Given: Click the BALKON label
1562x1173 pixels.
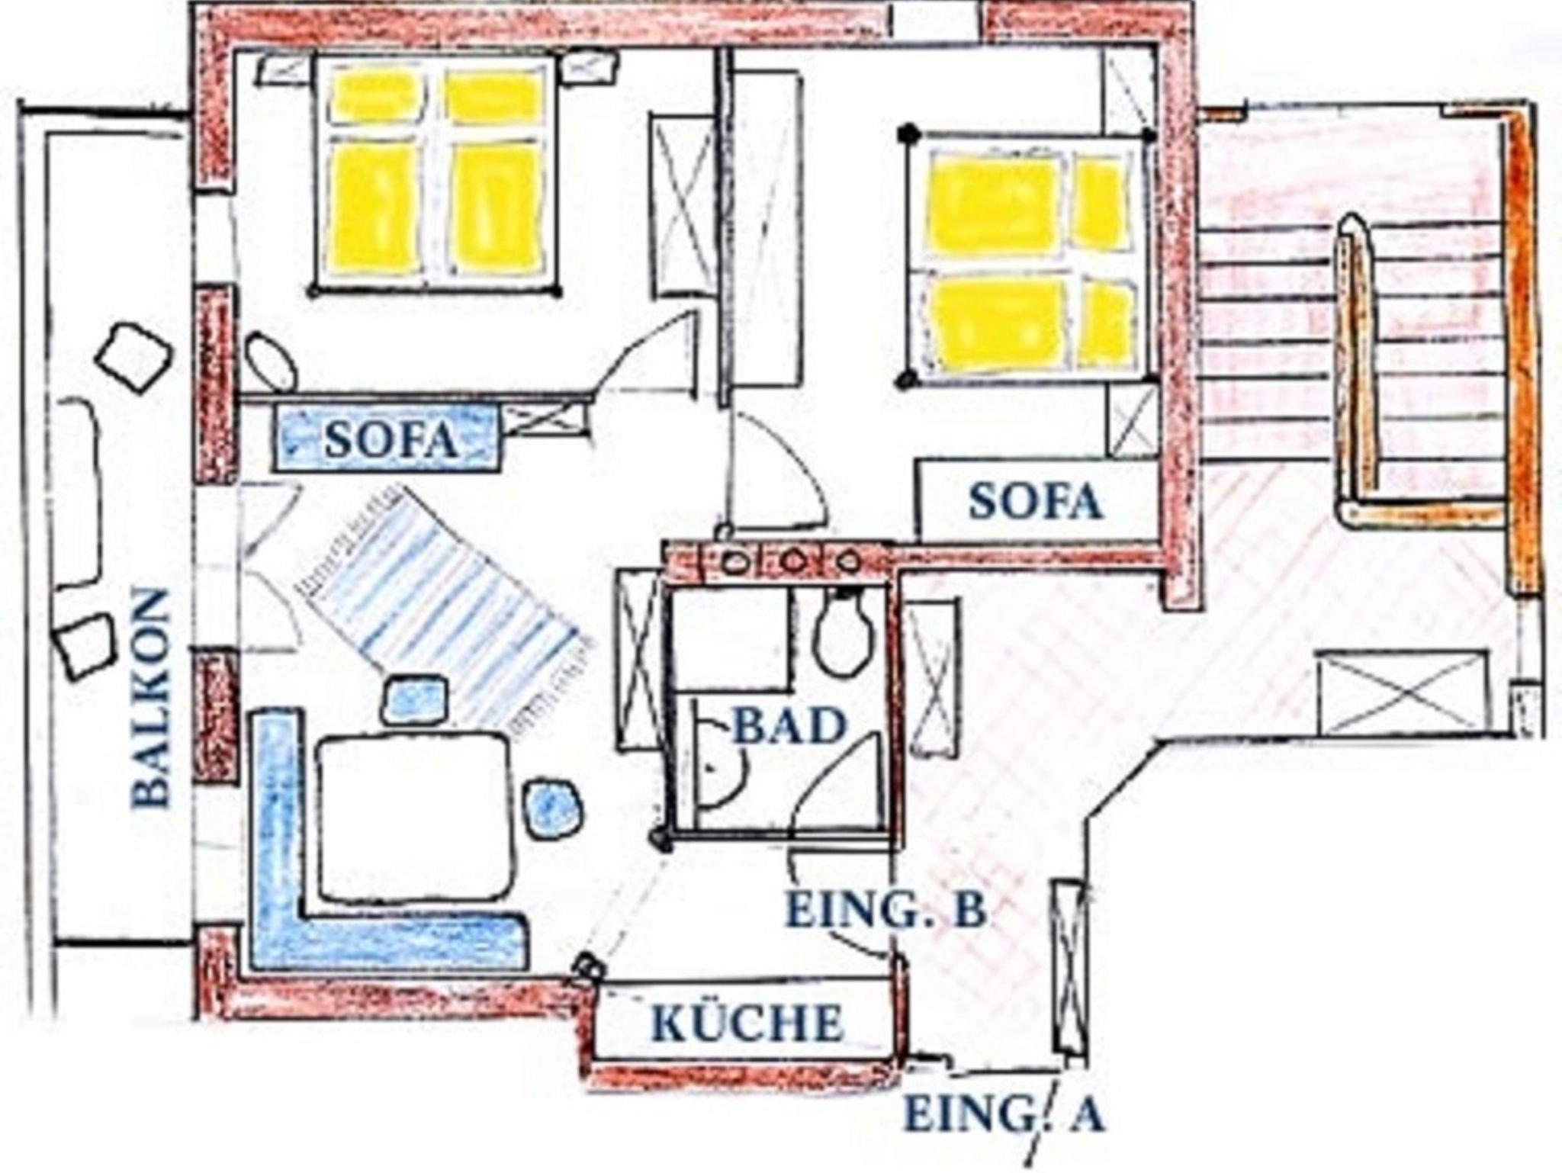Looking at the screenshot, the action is click(x=150, y=697).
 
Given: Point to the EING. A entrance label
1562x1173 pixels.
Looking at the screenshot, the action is click(x=1004, y=1114).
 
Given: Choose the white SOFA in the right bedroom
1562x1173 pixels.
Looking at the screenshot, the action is click(x=1038, y=500).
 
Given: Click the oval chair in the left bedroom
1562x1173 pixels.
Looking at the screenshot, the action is click(x=270, y=362).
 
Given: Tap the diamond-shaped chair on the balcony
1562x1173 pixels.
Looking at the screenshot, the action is click(x=134, y=357).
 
